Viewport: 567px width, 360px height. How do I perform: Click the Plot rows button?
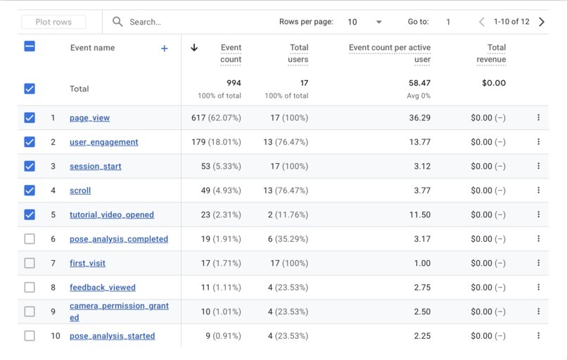(x=53, y=22)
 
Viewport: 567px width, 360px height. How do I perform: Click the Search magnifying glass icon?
(x=117, y=22)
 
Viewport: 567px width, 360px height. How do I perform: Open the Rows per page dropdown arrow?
(x=378, y=22)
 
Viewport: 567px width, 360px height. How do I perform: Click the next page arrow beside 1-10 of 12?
(x=542, y=22)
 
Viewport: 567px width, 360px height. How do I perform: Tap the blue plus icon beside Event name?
(x=164, y=49)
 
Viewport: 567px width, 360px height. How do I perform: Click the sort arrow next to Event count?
(x=194, y=47)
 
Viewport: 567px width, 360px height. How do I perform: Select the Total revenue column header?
(x=491, y=53)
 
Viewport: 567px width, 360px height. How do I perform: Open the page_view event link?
(x=89, y=118)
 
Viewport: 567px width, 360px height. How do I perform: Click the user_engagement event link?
(x=104, y=142)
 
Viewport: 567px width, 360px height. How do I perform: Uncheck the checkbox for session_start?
(x=30, y=166)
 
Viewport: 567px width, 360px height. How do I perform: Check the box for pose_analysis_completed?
(x=30, y=239)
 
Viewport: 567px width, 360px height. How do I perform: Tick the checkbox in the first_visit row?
(x=30, y=263)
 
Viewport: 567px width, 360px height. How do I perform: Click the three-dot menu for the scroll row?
(x=538, y=190)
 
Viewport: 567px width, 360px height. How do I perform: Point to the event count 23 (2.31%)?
(x=221, y=214)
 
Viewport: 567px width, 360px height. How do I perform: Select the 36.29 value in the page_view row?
(x=420, y=118)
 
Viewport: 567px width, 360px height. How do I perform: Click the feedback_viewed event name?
(x=103, y=288)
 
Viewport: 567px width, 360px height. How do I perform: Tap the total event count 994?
(x=234, y=83)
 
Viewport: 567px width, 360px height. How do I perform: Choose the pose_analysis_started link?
(x=113, y=336)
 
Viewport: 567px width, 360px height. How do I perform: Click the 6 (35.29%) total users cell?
(x=288, y=239)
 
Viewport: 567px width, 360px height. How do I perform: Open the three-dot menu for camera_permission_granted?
(x=538, y=311)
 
